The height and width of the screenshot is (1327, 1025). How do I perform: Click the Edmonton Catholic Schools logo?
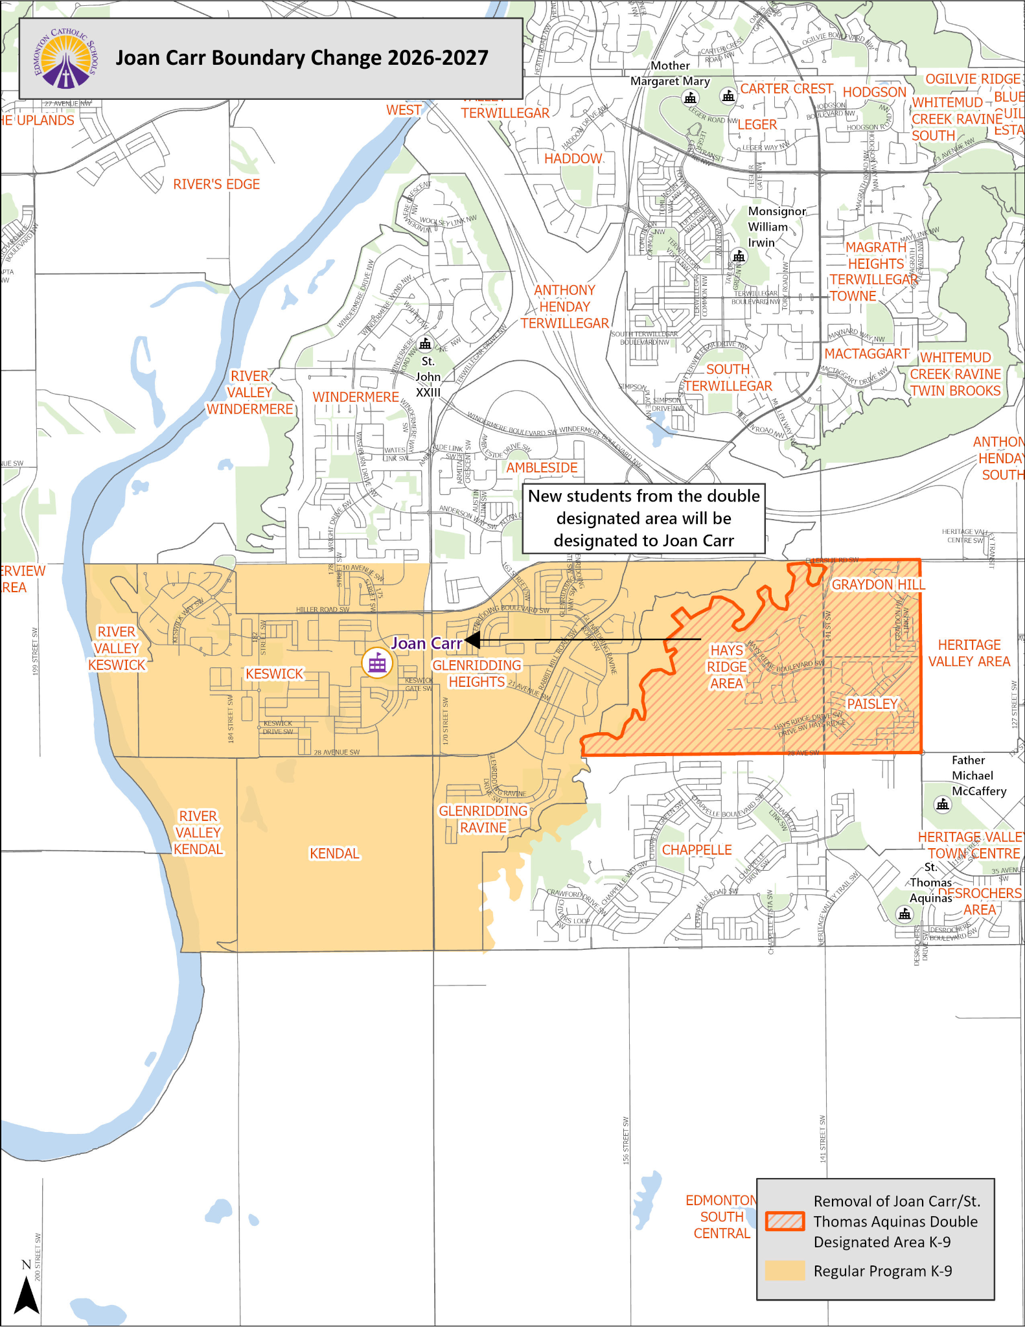click(65, 59)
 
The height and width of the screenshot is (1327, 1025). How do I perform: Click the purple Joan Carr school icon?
click(377, 663)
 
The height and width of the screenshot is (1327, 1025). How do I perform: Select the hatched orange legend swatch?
click(785, 1221)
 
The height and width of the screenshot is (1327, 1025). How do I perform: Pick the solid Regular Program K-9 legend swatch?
click(785, 1271)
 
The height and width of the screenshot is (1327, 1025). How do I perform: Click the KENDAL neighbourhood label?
click(334, 854)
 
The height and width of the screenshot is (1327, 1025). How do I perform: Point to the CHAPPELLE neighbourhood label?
click(697, 850)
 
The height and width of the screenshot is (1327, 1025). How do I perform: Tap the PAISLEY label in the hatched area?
click(872, 704)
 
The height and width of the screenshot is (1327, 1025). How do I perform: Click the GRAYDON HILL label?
click(878, 584)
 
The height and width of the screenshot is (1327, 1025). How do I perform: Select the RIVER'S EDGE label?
click(216, 185)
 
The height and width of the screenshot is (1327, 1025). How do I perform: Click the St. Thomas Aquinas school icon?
click(904, 914)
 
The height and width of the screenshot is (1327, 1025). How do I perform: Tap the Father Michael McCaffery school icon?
click(943, 805)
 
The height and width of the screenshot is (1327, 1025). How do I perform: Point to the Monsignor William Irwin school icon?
click(739, 257)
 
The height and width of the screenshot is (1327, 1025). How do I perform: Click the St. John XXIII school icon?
click(425, 343)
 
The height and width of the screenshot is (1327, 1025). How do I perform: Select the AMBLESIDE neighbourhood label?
click(542, 468)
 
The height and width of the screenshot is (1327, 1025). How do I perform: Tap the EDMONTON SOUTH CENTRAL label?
click(721, 1217)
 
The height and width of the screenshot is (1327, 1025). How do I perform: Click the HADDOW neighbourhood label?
click(573, 159)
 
